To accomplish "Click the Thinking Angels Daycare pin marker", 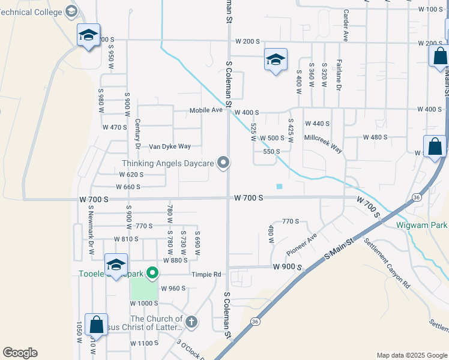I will [223, 163].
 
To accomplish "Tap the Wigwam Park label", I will [422, 226].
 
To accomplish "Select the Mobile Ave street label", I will [206, 110].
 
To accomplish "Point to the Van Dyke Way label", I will [170, 146].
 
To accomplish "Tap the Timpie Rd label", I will [206, 274].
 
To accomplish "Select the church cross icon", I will [191, 322].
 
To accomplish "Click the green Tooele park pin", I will [152, 274].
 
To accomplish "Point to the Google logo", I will [20, 353].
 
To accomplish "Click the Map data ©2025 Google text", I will [411, 355].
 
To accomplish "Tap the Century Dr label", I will [137, 136].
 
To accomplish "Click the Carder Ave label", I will [345, 25].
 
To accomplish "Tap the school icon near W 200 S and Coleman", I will [276, 59].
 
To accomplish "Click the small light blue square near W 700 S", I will [279, 187].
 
